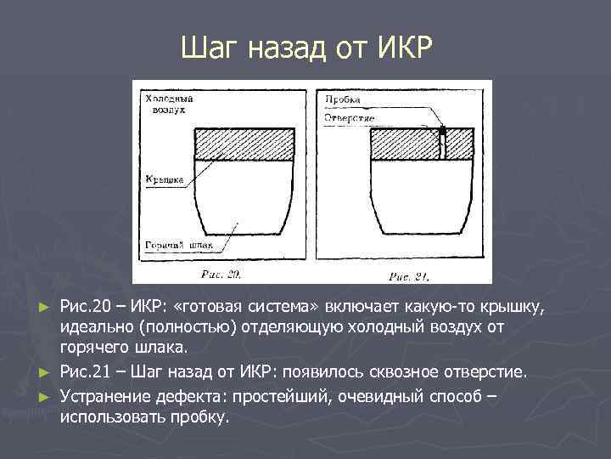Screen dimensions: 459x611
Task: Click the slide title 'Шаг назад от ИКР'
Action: point(305,49)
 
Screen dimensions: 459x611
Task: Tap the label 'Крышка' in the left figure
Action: point(160,179)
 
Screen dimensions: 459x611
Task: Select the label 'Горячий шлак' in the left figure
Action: point(177,245)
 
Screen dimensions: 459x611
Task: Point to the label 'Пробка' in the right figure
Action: point(343,99)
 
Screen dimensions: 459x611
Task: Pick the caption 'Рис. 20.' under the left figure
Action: point(221,274)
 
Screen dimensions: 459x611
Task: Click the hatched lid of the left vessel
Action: point(245,144)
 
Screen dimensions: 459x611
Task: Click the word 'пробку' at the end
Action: point(201,417)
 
